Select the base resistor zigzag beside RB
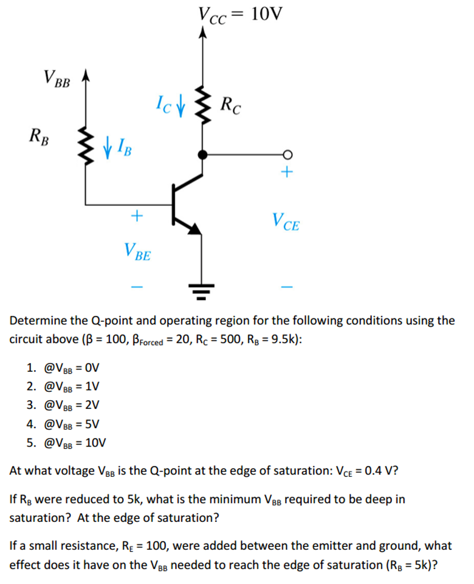coord(86,147)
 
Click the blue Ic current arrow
coord(181,107)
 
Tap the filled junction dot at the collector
coord(201,154)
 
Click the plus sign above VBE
coord(136,216)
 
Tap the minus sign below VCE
coord(287,286)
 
